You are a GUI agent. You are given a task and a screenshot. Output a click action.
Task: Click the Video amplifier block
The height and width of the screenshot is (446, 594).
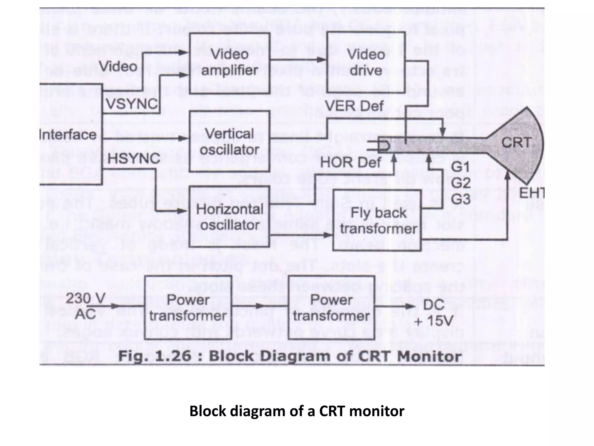click(229, 63)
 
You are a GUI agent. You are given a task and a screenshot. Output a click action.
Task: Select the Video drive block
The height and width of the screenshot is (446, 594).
click(366, 63)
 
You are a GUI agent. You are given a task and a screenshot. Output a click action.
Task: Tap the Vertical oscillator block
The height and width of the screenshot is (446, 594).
click(229, 142)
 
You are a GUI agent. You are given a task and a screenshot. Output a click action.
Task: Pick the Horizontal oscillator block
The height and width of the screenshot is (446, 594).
click(229, 217)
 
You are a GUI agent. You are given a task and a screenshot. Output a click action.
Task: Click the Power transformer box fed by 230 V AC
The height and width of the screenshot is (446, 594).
click(188, 308)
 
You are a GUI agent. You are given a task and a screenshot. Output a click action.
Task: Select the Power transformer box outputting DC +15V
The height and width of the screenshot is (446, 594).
click(331, 308)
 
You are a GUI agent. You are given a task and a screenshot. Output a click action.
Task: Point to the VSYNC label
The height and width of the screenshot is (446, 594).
click(132, 104)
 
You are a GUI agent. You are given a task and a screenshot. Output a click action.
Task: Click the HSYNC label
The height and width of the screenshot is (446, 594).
click(134, 159)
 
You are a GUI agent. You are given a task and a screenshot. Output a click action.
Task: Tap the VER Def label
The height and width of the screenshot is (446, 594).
click(354, 106)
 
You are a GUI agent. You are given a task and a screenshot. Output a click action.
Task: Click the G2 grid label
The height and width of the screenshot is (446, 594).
click(461, 183)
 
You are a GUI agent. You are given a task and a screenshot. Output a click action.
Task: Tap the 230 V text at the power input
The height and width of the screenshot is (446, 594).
click(85, 298)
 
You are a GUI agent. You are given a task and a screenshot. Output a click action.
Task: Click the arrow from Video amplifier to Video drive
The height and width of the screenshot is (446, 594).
click(298, 60)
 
